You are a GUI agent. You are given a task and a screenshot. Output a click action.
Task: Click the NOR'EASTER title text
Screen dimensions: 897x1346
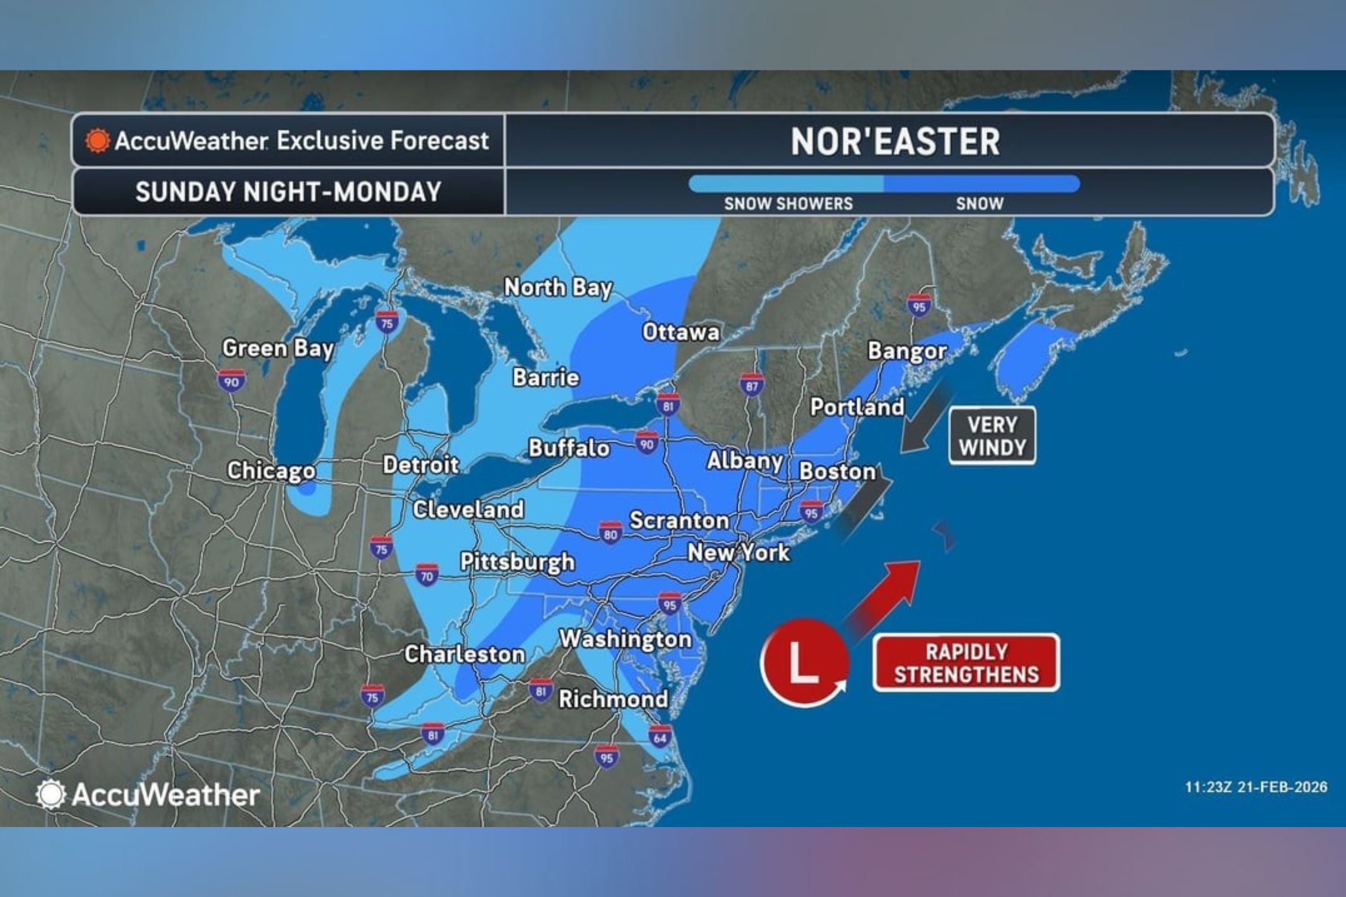tap(895, 141)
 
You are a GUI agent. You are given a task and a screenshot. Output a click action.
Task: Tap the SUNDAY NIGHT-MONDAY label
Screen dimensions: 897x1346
tap(288, 192)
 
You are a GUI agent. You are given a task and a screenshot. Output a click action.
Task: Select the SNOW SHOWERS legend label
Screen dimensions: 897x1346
tap(788, 204)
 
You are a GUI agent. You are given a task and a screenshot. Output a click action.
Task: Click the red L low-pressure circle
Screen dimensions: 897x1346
tap(804, 662)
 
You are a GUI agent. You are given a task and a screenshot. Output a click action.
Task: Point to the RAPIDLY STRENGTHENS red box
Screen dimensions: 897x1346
tap(966, 663)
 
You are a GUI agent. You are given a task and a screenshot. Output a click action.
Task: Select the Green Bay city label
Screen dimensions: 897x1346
tap(278, 348)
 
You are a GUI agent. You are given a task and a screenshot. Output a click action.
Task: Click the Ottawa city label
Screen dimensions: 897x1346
tap(681, 332)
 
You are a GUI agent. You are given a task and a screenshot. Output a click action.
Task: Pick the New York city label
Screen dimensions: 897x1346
tap(738, 553)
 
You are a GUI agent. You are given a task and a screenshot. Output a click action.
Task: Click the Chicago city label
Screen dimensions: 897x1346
tap(271, 471)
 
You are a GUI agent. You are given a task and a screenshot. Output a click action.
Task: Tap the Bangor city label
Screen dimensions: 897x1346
tap(907, 351)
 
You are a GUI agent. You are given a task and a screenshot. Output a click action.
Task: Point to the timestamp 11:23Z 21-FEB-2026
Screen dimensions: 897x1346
tap(1255, 787)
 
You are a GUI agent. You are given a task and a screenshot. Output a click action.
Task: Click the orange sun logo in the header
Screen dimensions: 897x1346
tap(97, 141)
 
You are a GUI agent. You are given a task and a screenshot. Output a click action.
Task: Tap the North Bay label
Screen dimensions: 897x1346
tap(558, 287)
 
